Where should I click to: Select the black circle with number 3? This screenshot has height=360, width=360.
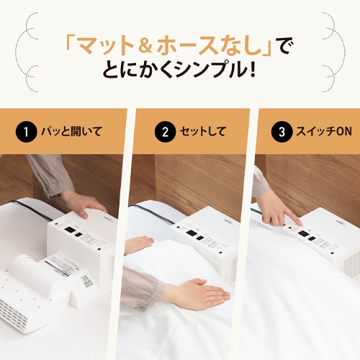pyautogui.click(x=278, y=132)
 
